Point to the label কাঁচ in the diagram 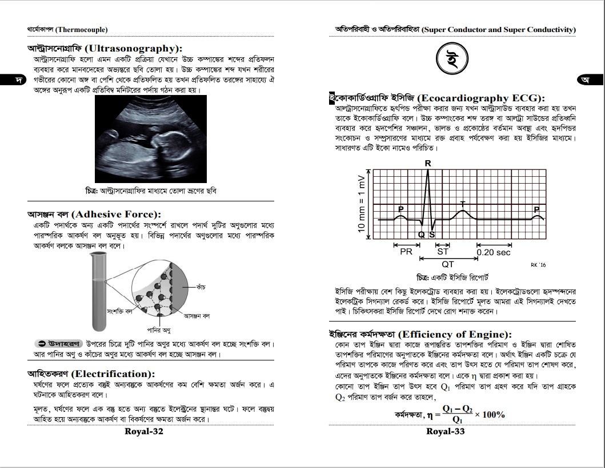click(x=201, y=285)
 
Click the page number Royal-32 click(x=144, y=431)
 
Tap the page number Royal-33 click(x=446, y=431)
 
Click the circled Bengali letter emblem click(x=452, y=58)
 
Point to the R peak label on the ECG click(x=427, y=164)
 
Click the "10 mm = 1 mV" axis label click(x=361, y=203)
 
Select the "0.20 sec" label click(x=494, y=252)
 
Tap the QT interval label click(x=448, y=265)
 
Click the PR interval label click(x=406, y=252)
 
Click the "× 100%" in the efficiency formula click(x=490, y=415)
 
